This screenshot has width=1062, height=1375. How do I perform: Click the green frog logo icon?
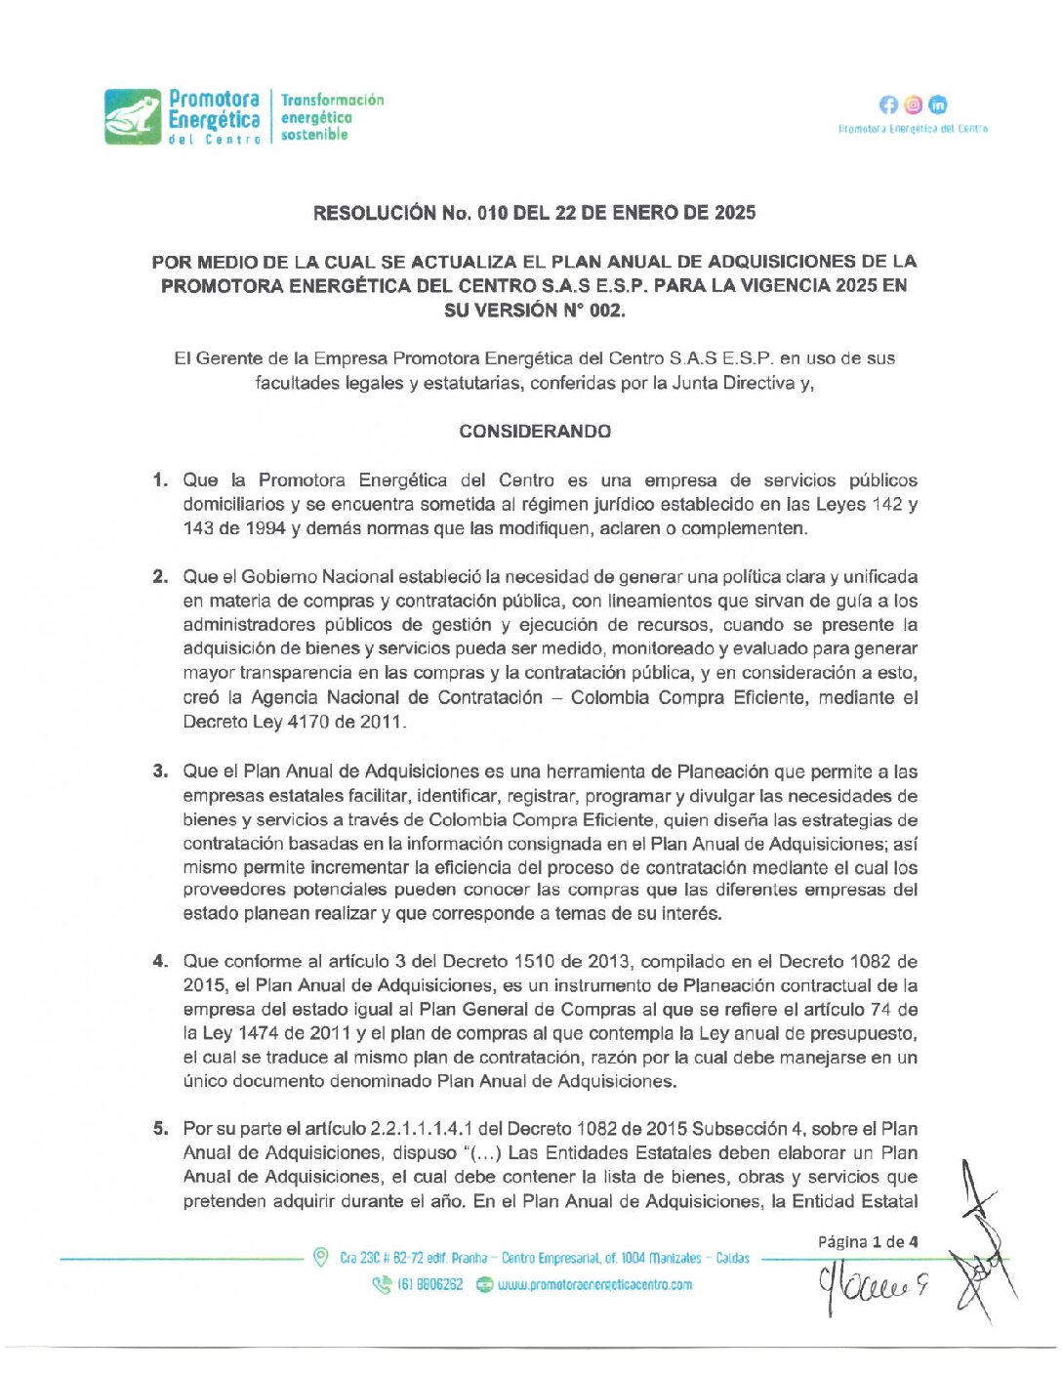[133, 117]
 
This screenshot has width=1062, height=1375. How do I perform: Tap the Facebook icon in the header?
[888, 104]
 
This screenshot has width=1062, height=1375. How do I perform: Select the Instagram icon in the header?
[914, 104]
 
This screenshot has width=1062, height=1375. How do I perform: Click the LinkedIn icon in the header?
[938, 104]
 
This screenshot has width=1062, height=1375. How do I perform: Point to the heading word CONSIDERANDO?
[535, 432]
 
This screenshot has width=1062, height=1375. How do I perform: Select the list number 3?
[160, 771]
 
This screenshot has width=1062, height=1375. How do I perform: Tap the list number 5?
[160, 1129]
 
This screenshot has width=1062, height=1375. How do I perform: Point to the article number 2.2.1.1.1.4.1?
[422, 1129]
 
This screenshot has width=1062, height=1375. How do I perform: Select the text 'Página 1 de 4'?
[868, 1242]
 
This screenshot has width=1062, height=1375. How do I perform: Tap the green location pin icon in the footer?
[320, 1258]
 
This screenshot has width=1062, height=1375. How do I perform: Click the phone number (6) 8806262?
[429, 1285]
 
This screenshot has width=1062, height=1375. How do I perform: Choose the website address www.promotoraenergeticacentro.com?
[594, 1285]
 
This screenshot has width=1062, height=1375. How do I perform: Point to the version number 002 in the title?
[604, 311]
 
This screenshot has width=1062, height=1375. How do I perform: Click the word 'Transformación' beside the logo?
[333, 100]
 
